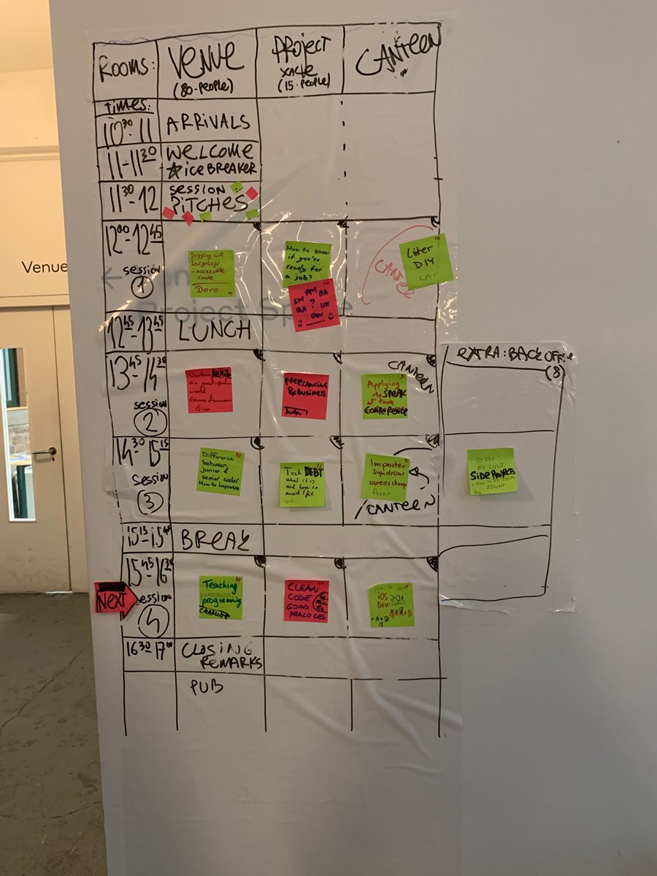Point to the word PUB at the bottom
click(206, 687)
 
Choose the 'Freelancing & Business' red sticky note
click(305, 396)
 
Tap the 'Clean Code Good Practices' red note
click(306, 600)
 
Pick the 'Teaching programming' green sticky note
click(220, 597)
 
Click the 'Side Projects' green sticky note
click(492, 471)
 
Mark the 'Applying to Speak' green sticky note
click(384, 396)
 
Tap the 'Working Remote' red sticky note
click(210, 390)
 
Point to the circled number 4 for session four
click(154, 620)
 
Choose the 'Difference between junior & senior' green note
click(220, 471)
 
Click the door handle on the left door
click(45, 453)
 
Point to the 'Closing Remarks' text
click(219, 655)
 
